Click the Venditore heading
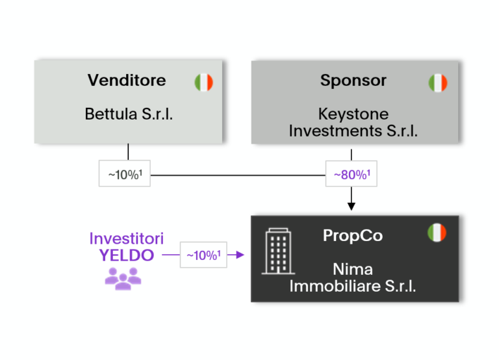tap(127, 80)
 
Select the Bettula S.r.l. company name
tap(129, 114)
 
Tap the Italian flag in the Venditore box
tap(203, 83)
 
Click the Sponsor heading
tap(353, 80)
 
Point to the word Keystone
tap(353, 114)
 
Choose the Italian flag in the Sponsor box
tap(438, 83)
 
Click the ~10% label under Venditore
tap(125, 174)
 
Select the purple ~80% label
tap(352, 174)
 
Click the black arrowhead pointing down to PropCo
tap(352, 206)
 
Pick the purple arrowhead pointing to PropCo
tap(240, 255)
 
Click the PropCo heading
tap(353, 235)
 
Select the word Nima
tap(353, 269)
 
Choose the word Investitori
tap(127, 238)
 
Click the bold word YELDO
tap(127, 255)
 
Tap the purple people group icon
tap(123, 277)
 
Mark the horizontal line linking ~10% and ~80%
tap(238, 174)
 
